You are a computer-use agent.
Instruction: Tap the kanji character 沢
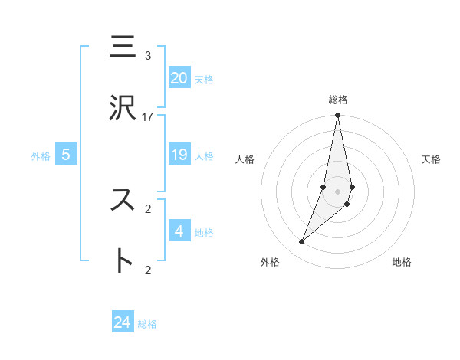(x=123, y=109)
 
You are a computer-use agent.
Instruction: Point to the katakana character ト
(x=123, y=260)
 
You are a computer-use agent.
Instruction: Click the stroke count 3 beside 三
(x=148, y=56)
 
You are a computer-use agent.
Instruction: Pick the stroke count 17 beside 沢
(x=148, y=117)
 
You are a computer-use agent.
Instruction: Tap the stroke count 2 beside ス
(x=148, y=208)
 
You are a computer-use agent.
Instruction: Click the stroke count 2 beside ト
(x=148, y=269)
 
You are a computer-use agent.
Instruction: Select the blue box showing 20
(x=179, y=78)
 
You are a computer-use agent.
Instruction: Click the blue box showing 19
(x=179, y=155)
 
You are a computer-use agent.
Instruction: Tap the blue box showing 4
(x=179, y=231)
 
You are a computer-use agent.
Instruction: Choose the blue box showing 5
(x=66, y=155)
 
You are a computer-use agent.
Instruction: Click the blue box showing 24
(x=123, y=322)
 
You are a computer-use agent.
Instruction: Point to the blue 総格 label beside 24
(x=147, y=324)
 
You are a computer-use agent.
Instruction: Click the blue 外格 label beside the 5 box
(x=41, y=156)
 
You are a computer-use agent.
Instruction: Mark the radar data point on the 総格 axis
(x=337, y=116)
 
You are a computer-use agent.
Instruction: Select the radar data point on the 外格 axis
(x=301, y=242)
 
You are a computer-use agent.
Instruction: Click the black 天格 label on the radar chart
(x=431, y=159)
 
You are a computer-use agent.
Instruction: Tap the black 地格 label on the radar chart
(x=402, y=262)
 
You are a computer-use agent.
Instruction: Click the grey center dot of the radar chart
(x=337, y=191)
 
